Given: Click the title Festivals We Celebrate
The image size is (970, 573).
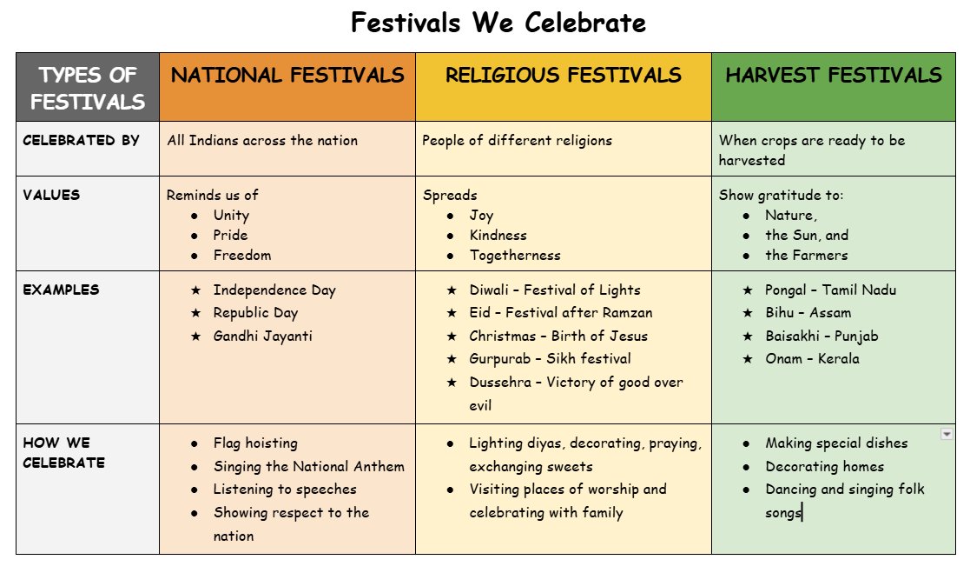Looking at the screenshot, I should point(498,23).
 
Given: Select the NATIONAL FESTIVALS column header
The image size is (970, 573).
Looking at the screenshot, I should point(287,76).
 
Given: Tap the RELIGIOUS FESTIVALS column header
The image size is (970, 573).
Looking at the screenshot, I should point(563,76).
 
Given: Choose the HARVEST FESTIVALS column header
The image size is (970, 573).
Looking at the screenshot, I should point(833,75).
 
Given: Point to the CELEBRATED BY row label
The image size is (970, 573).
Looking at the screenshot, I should point(81,140).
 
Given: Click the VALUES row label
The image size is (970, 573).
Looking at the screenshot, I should point(51,195).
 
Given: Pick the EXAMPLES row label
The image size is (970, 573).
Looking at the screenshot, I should point(61,290).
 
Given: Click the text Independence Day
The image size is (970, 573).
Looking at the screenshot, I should point(274,290).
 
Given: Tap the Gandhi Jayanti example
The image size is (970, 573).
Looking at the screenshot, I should point(263,336).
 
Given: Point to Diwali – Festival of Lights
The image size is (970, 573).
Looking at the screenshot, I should point(555,290).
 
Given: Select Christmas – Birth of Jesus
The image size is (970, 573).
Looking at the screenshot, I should point(558,336).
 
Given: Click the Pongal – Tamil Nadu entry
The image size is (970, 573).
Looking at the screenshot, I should point(830,290).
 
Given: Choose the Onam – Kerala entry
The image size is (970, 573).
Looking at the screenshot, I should point(812,358).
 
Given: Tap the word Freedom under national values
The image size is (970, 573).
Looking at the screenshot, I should point(242,255).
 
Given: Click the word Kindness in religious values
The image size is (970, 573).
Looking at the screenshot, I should point(498,235).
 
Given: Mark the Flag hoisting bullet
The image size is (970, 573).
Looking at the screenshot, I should point(255,443).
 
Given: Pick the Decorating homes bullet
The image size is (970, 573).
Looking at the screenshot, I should point(824,466).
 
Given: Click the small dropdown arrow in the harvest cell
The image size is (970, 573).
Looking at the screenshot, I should point(947,434).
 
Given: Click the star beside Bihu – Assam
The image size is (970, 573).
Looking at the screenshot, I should point(748,313).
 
